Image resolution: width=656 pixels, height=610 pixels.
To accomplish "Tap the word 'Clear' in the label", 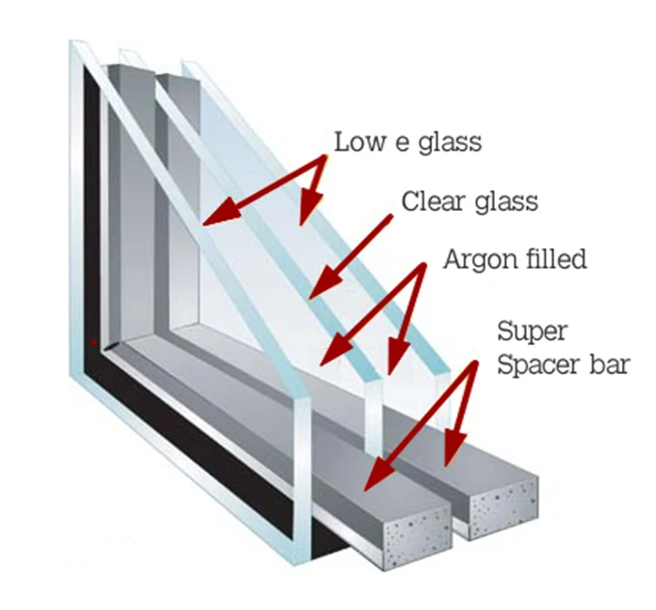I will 428,201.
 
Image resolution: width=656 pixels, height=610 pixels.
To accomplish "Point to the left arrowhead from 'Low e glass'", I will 212,217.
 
